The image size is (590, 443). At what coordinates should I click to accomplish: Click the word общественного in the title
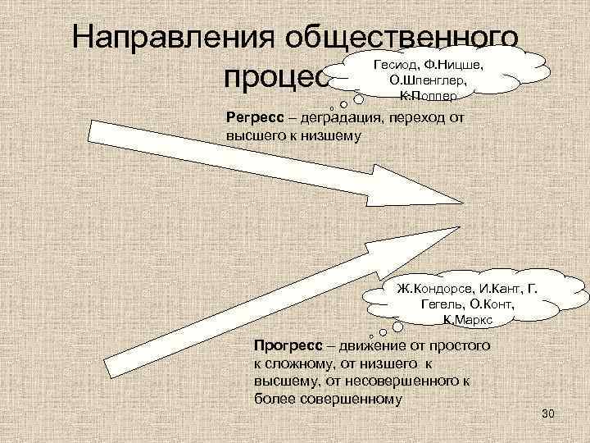pyautogui.click(x=417, y=39)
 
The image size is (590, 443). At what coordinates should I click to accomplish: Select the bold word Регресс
pyautogui.click(x=255, y=116)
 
